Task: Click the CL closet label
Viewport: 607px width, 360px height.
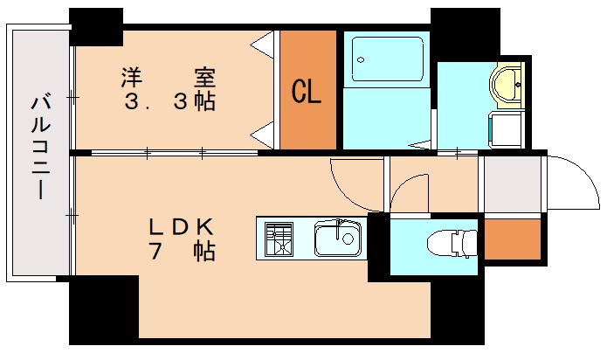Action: [307, 92]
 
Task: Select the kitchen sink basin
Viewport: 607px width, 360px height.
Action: [337, 238]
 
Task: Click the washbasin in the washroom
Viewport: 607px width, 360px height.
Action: [507, 84]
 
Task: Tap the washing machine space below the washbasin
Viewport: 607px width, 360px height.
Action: [506, 130]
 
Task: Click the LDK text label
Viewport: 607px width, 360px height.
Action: [181, 226]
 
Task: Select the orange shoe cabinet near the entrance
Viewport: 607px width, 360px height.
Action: [512, 239]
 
